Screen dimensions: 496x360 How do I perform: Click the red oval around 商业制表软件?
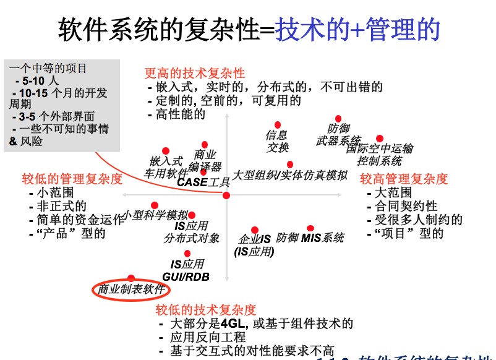click(131, 289)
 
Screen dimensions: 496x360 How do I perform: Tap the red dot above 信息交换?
click(278, 125)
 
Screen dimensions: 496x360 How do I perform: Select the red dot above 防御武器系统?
click(338, 119)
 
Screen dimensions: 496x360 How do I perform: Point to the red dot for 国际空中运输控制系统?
click(380, 139)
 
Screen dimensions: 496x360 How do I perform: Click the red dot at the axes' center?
click(226, 195)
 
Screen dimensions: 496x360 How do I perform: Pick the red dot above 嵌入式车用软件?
click(166, 151)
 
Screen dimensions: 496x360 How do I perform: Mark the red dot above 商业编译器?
click(204, 144)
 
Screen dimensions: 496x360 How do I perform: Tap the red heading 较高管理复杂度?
click(404, 179)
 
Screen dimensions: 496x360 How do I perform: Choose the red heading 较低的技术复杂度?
click(206, 310)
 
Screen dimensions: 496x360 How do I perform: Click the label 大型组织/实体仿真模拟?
click(289, 175)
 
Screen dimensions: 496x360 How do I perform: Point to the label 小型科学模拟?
click(156, 215)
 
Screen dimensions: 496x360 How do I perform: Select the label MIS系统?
click(322, 238)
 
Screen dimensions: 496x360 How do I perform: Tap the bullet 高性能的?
click(181, 114)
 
